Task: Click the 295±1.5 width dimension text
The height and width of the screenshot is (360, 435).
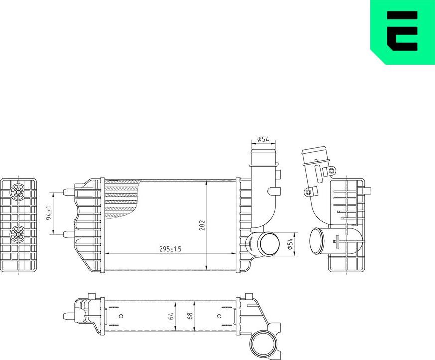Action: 170,249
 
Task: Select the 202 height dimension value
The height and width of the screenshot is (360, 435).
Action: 202,225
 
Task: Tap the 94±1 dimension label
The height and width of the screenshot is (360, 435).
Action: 49,213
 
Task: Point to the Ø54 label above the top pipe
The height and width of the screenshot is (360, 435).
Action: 263,139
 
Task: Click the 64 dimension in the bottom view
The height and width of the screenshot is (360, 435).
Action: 171,316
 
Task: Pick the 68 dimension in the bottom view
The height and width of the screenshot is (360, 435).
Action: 190,316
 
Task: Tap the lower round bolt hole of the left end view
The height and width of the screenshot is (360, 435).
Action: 18,233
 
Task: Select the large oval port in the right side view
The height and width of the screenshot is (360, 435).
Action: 317,241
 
